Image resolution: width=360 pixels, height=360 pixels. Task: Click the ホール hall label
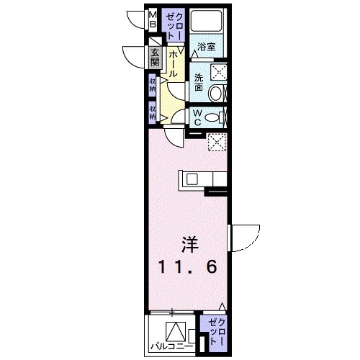175,61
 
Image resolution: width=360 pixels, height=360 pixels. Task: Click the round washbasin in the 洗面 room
215,92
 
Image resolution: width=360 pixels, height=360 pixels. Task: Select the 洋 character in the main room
188,245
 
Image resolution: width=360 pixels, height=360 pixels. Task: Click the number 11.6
186,268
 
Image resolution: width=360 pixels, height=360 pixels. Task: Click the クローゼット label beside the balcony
215,330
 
